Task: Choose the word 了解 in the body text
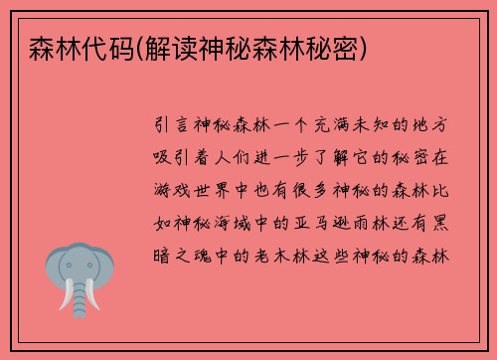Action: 342,156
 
